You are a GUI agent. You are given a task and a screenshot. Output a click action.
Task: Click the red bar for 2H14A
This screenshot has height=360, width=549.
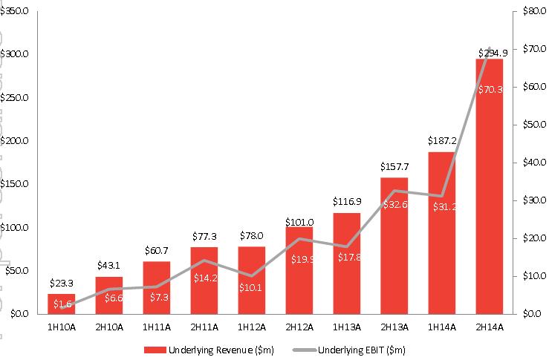click(x=489, y=186)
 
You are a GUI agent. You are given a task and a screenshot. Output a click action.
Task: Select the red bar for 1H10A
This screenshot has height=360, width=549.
click(x=62, y=304)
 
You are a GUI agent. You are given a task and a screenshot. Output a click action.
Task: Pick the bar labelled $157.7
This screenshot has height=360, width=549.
click(x=394, y=245)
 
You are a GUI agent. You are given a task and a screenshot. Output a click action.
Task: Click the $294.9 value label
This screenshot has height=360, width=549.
click(x=489, y=52)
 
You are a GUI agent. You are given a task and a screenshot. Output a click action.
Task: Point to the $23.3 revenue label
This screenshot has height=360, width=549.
click(x=62, y=283)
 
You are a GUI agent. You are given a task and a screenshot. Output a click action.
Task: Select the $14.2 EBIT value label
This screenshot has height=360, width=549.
click(x=204, y=279)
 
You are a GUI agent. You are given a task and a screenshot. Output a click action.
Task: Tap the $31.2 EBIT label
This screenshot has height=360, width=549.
click(x=441, y=206)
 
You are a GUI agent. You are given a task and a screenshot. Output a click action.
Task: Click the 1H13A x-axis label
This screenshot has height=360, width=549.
click(x=346, y=326)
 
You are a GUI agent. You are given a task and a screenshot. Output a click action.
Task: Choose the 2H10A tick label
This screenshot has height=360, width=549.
click(x=109, y=326)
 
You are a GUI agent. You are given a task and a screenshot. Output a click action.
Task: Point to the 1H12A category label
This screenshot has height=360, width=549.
click(x=252, y=326)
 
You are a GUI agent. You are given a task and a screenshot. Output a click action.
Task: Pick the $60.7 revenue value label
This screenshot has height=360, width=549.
click(x=157, y=250)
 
